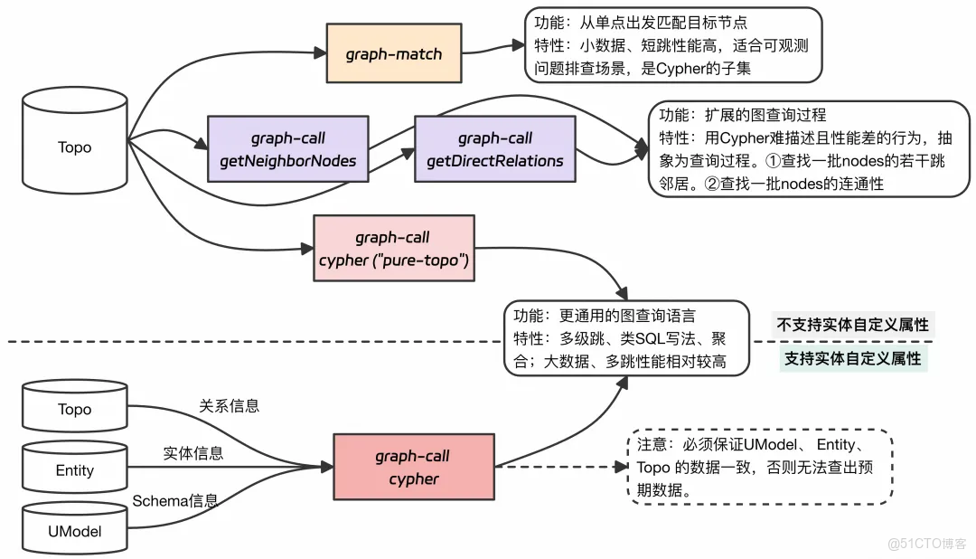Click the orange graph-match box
point(394,53)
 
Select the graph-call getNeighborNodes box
point(287,149)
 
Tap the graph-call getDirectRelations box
point(494,149)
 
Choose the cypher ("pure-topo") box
point(393,249)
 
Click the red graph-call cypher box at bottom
point(413,467)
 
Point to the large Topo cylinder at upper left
point(74,147)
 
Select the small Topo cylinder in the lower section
point(74,409)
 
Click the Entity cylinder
point(74,469)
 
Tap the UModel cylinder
point(74,531)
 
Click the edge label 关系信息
point(229,406)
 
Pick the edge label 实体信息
point(192,453)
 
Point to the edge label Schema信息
point(175,500)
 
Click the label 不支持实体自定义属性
point(852,325)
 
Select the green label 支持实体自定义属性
point(852,358)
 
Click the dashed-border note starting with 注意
point(759,468)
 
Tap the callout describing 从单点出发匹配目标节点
point(672,44)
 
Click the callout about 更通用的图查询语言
point(626,338)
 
